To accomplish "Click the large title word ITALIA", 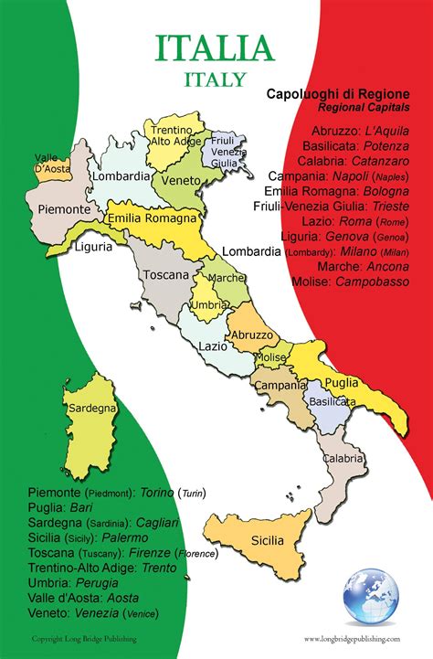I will [x=216, y=48].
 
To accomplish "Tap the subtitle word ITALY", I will [x=216, y=80].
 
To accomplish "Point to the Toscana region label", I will [x=165, y=274].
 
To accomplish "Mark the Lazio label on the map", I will [x=212, y=346].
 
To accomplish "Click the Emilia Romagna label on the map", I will [x=152, y=219].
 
